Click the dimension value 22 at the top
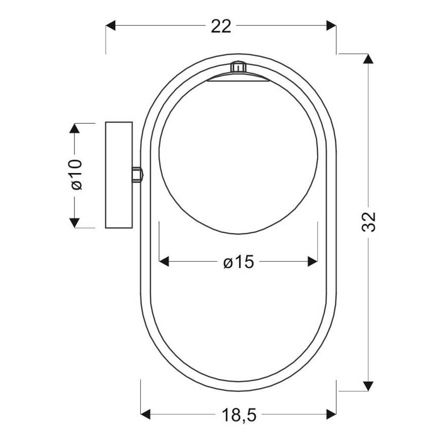pos(221,26)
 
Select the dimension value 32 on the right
pos(368,222)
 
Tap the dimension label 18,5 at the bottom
pos(239,415)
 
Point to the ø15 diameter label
pos(239,262)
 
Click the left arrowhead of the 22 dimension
pos(110,26)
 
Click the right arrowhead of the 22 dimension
pos(331,26)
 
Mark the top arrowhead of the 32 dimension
pos(368,59)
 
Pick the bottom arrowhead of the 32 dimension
pos(368,386)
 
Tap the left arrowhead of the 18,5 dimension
pos(145,414)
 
